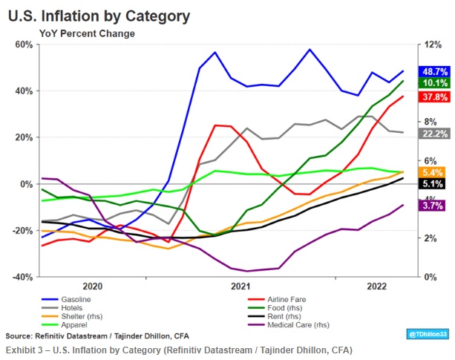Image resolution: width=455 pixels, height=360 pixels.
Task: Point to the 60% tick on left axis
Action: pyautogui.click(x=24, y=45)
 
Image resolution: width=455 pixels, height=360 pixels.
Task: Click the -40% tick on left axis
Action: pyautogui.click(x=23, y=277)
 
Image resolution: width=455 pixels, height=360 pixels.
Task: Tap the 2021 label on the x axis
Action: pyautogui.click(x=239, y=286)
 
